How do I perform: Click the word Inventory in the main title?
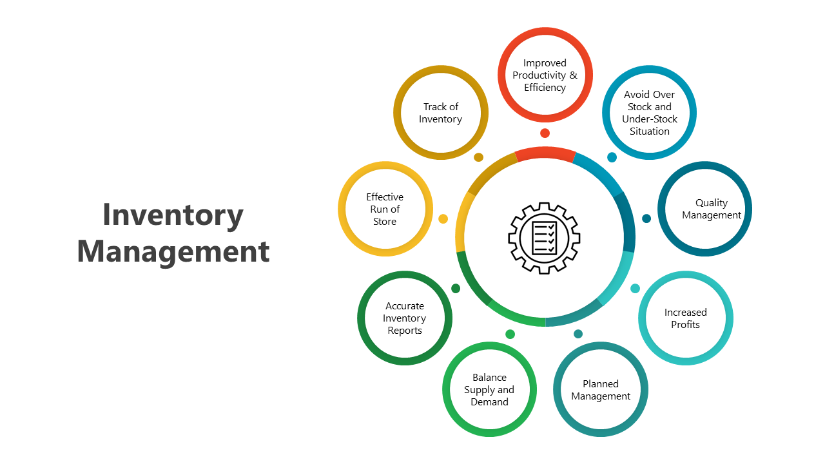(x=173, y=215)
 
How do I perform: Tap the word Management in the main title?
(x=173, y=251)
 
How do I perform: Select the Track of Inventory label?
(x=441, y=113)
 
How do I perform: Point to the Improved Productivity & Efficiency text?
(x=545, y=75)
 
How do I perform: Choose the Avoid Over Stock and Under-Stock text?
(x=650, y=113)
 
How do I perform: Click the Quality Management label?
(x=712, y=209)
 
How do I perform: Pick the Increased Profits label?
(x=686, y=318)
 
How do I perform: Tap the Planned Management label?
(x=601, y=390)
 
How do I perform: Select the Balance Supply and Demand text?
(x=489, y=389)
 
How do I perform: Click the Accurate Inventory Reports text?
(x=405, y=318)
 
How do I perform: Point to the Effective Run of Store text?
(x=385, y=209)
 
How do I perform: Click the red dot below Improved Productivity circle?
(x=545, y=133)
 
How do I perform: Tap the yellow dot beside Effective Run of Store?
(x=443, y=219)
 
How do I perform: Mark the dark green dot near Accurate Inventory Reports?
(x=456, y=288)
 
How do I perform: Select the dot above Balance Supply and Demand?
(x=510, y=334)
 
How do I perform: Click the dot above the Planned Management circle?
(x=578, y=334)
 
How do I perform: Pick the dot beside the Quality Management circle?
(x=646, y=218)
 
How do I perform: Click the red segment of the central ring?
(x=545, y=153)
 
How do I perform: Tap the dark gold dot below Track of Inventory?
(x=478, y=157)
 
